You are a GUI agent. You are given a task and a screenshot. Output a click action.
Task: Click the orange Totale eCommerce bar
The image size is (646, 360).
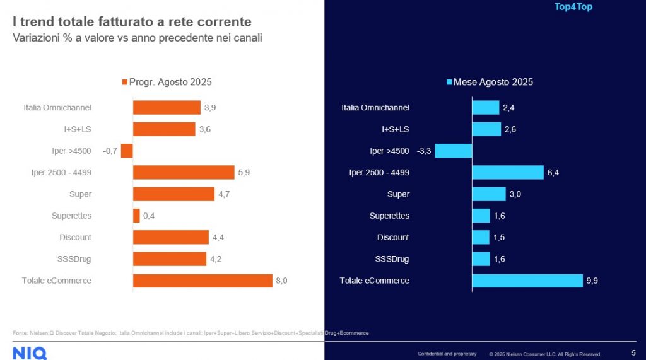tap(201, 281)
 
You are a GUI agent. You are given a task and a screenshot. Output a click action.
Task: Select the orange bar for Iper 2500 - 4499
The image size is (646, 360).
tap(184, 172)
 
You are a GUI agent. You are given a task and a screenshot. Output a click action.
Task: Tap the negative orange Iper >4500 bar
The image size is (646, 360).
tap(127, 151)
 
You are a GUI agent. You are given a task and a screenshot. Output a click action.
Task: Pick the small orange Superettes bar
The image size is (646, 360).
tap(136, 216)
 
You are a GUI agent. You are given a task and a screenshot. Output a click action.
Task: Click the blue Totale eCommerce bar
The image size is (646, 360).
tap(527, 281)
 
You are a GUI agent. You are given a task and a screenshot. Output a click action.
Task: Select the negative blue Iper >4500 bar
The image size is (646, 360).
tap(454, 151)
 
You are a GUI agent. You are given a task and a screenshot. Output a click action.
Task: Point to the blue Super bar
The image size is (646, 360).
tap(489, 194)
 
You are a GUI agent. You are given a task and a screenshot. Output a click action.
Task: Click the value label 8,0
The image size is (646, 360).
tap(281, 281)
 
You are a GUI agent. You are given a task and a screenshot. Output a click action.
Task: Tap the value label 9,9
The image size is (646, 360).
tap(592, 281)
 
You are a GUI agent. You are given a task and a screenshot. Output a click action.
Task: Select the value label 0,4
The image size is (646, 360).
tap(149, 216)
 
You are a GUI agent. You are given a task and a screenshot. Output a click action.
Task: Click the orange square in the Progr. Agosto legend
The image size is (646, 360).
tap(124, 82)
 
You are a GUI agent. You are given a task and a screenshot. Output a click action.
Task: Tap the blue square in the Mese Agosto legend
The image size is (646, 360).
tap(449, 82)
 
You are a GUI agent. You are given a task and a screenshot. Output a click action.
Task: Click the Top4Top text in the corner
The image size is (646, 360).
tap(573, 7)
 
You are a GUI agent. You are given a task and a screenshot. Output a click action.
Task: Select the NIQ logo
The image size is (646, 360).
tap(30, 353)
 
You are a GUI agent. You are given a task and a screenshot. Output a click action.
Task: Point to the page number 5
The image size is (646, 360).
tap(633, 353)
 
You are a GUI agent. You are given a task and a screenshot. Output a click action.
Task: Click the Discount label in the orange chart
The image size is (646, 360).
tap(75, 237)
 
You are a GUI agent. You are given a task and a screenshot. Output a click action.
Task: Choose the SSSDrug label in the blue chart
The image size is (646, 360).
tap(392, 259)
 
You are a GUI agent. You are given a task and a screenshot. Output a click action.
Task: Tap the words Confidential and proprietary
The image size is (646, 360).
tap(447, 354)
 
